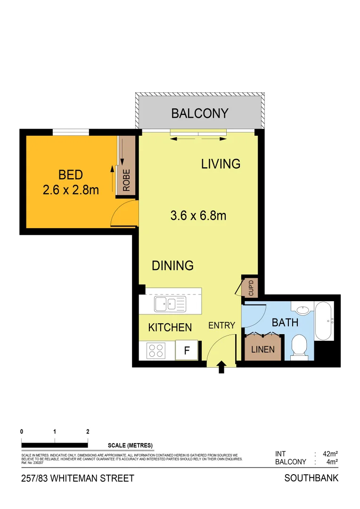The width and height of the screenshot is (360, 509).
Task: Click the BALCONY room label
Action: (x=200, y=114)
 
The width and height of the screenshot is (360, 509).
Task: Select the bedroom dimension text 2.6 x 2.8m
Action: (x=70, y=190)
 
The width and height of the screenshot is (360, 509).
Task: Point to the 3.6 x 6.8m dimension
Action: (x=198, y=215)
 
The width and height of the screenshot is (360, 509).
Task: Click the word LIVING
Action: (x=221, y=164)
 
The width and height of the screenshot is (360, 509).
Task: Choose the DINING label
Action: (x=172, y=266)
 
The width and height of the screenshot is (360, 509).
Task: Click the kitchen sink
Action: (x=170, y=304)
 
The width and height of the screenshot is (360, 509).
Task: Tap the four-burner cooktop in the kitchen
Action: (x=157, y=351)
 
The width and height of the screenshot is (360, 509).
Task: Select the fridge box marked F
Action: (x=187, y=351)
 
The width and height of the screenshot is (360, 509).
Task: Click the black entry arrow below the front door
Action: (x=221, y=368)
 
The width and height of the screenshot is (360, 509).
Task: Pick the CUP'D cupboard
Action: (x=250, y=287)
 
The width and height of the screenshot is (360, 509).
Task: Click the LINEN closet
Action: (x=263, y=350)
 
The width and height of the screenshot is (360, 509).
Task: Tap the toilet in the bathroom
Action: (x=300, y=347)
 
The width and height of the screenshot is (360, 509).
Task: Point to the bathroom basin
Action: (x=303, y=310)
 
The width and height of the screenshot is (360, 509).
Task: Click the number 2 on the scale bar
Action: (x=88, y=431)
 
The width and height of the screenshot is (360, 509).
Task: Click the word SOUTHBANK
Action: (x=311, y=478)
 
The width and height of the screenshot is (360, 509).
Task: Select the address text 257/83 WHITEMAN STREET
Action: (x=78, y=478)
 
